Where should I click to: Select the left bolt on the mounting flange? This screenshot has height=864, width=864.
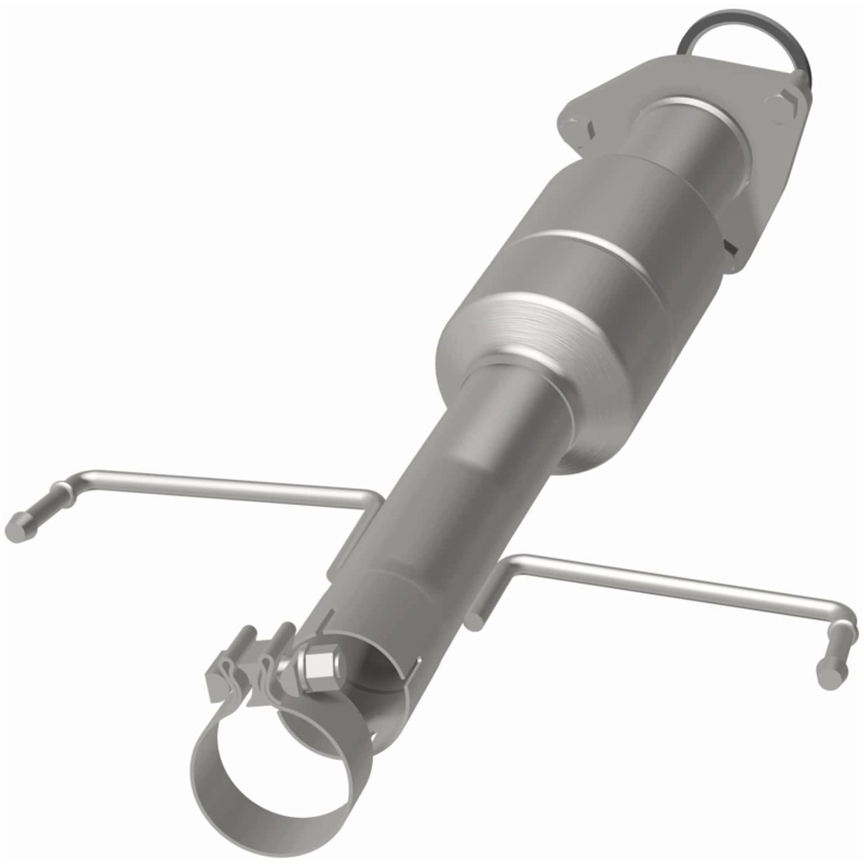[x=574, y=126]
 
